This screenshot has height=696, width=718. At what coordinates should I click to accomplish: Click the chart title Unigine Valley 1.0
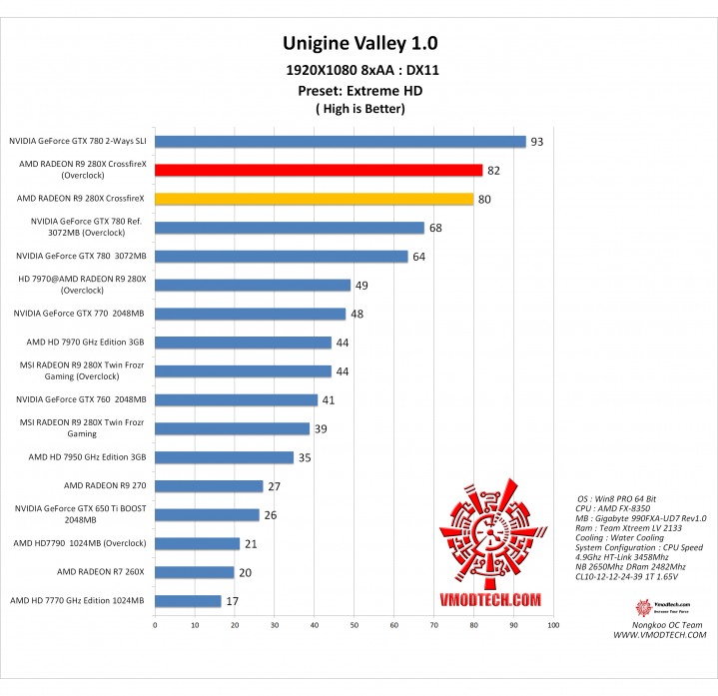(x=359, y=44)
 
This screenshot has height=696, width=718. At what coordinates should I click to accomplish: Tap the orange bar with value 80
(x=314, y=199)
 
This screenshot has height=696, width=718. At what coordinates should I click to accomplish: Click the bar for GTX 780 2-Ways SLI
(x=340, y=142)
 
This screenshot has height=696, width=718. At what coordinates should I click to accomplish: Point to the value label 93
(x=536, y=142)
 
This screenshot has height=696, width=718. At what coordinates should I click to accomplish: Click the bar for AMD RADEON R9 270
(x=209, y=486)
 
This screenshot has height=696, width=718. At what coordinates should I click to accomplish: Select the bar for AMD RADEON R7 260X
(x=194, y=572)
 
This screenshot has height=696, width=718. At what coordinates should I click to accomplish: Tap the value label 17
(x=232, y=601)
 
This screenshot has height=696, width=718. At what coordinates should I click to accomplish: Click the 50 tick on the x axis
(x=354, y=626)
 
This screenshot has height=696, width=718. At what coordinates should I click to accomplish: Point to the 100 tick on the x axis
(x=552, y=626)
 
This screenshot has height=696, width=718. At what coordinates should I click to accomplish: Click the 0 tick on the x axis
(x=155, y=626)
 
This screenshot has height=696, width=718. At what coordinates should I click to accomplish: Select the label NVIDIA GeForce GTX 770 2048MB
(x=79, y=314)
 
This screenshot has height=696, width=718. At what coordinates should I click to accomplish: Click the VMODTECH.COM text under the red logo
(x=491, y=599)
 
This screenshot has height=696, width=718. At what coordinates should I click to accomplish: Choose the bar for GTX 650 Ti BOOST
(x=207, y=515)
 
